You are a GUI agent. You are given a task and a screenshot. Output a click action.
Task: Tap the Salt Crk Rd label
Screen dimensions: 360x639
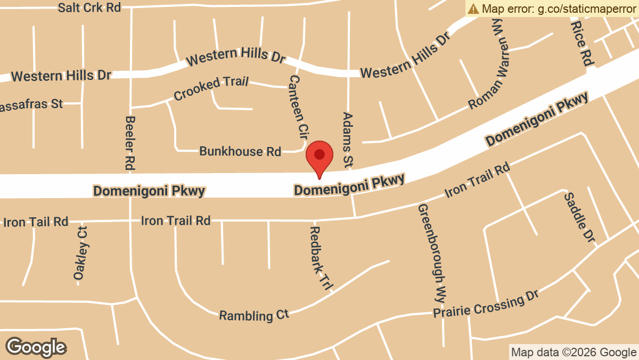click(89, 7)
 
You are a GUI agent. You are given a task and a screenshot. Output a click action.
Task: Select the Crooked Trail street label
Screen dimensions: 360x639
click(211, 89)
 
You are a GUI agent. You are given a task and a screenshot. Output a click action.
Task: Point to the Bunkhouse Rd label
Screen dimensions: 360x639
click(240, 152)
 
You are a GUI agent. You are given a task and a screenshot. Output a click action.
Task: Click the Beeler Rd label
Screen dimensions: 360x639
click(129, 142)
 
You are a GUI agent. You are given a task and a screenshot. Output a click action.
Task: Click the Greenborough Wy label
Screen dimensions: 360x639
click(431, 252)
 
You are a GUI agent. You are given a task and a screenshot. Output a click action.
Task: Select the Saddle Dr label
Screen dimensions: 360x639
click(579, 216)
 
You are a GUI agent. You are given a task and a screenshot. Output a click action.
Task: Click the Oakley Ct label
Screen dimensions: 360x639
click(81, 253)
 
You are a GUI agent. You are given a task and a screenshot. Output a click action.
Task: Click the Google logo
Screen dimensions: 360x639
click(36, 347)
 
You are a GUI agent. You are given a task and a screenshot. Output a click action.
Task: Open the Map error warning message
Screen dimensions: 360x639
click(552, 9)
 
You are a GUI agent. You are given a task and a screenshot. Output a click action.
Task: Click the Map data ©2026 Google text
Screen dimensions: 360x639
click(574, 352)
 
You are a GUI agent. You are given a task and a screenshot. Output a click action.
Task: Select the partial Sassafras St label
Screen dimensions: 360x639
click(32, 104)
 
